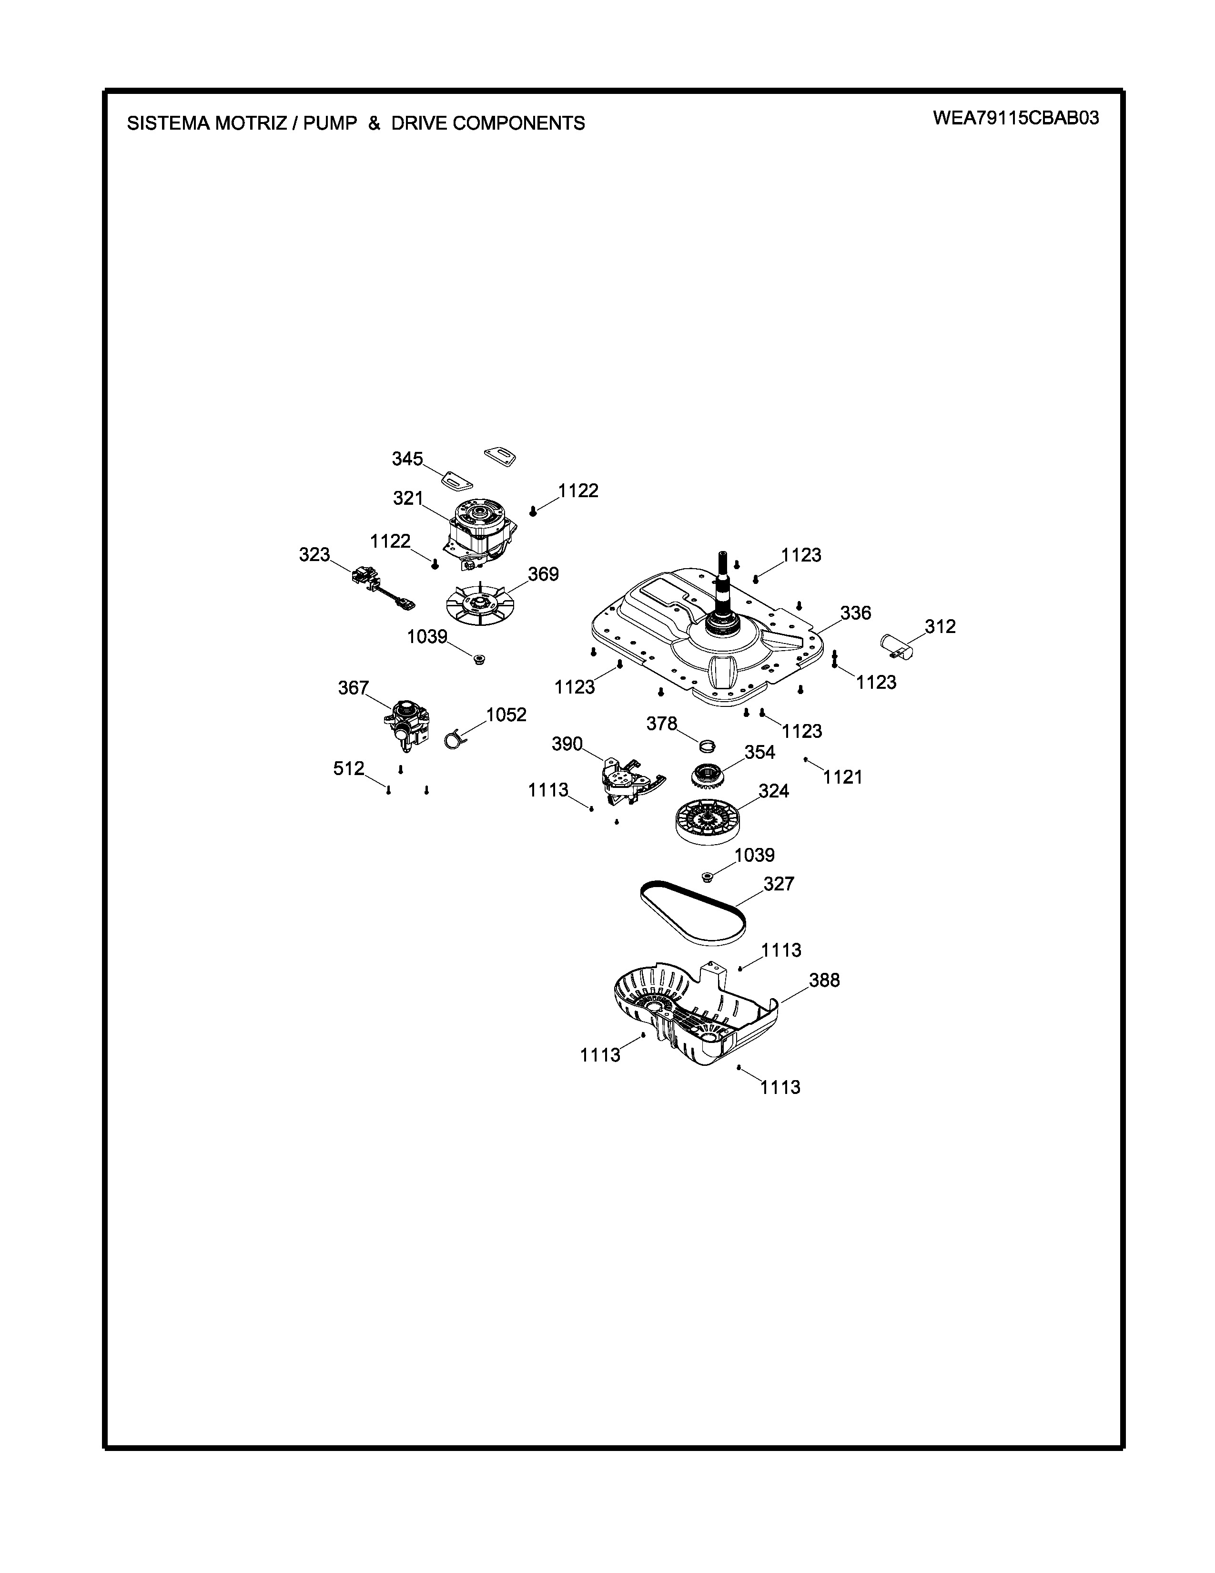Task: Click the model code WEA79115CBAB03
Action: (1016, 118)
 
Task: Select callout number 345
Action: (407, 459)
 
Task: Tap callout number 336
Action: (856, 613)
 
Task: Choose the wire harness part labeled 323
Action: (382, 587)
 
